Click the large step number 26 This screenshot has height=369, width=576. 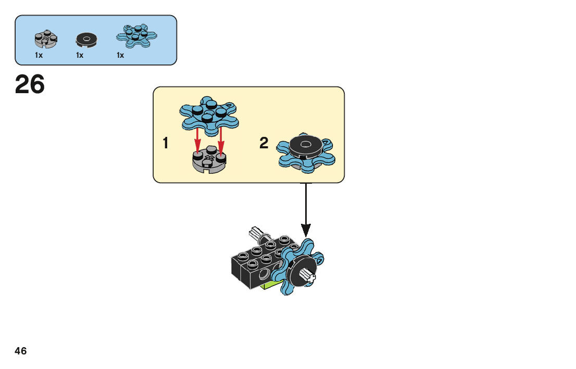pyautogui.click(x=30, y=85)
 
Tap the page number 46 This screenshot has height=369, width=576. pyautogui.click(x=21, y=351)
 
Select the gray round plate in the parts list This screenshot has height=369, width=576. pyautogui.click(x=46, y=39)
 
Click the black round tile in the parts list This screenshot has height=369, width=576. pyautogui.click(x=86, y=39)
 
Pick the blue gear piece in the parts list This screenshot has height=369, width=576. pyautogui.click(x=136, y=35)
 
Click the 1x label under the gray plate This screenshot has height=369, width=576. pyautogui.click(x=39, y=55)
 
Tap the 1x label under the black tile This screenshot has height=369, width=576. pyautogui.click(x=80, y=55)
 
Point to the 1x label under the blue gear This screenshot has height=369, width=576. pyautogui.click(x=120, y=55)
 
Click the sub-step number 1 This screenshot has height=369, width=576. pyautogui.click(x=166, y=143)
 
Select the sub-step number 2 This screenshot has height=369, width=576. pyautogui.click(x=264, y=143)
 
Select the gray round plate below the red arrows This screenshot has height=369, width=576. pyautogui.click(x=208, y=162)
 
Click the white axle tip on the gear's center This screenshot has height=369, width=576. pyautogui.click(x=308, y=276)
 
